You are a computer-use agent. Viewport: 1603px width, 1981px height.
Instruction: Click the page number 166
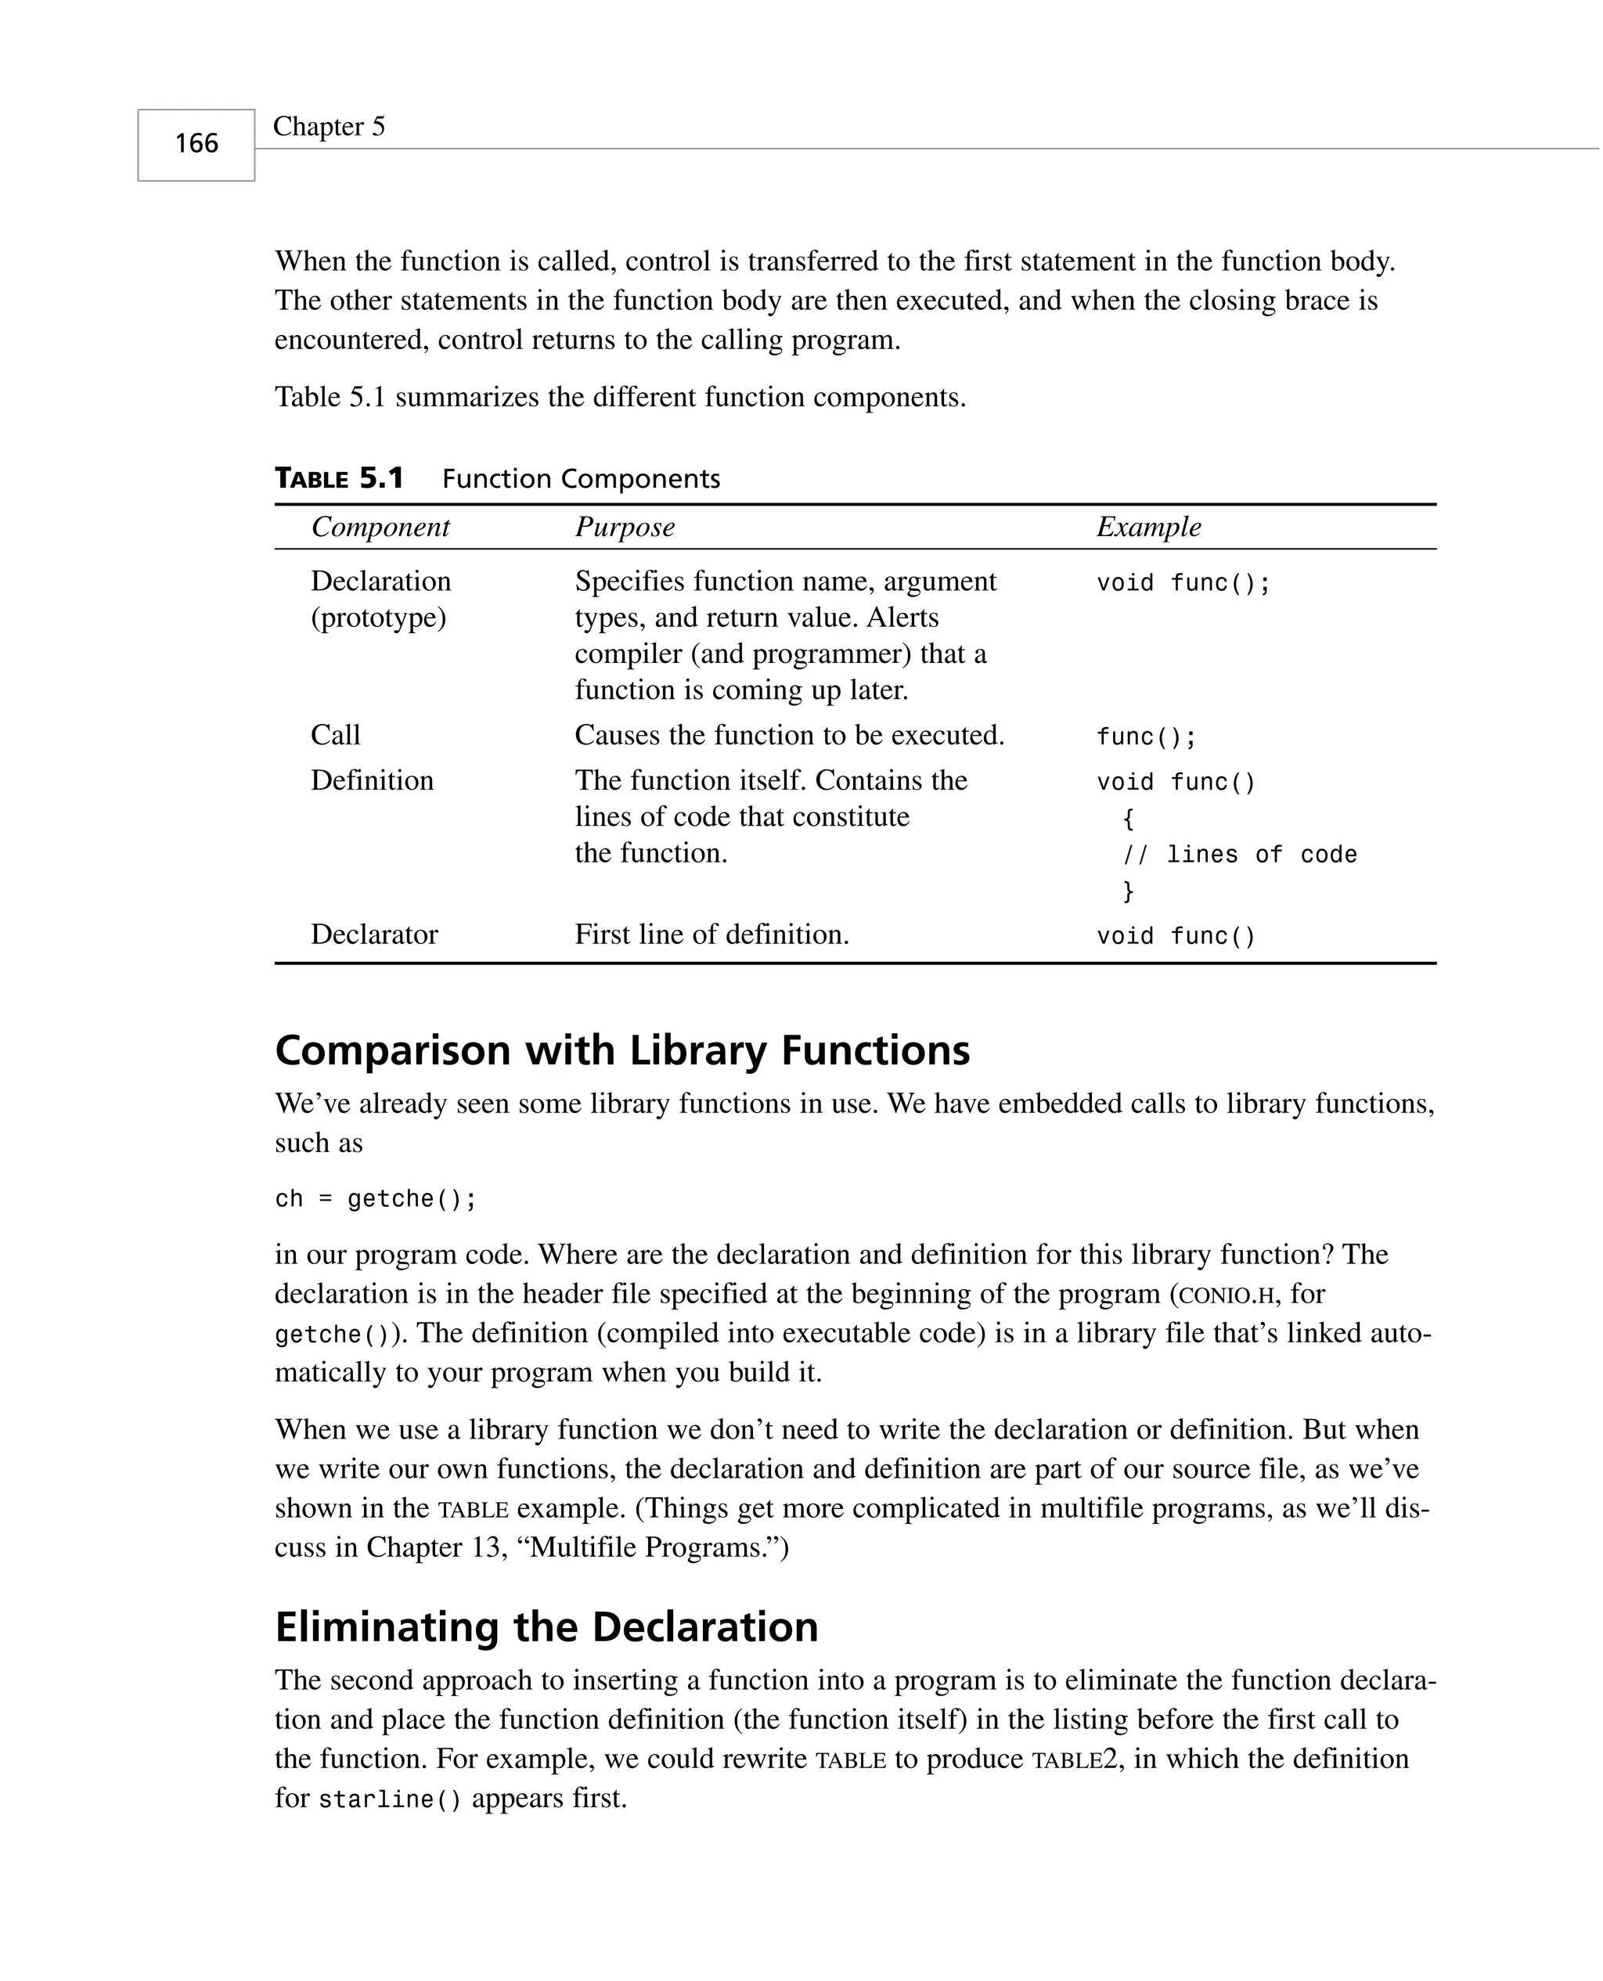196,143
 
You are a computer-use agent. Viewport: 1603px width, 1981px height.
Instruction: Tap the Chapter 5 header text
329,127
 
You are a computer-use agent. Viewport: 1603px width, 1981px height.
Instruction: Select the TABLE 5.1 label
339,478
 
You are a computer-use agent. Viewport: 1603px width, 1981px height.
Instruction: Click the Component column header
380,527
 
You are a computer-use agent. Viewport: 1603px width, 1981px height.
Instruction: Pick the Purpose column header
625,527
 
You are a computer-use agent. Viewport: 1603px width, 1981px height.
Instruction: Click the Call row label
335,735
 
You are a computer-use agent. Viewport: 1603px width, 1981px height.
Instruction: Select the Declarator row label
374,935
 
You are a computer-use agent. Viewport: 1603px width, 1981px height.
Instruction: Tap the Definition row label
372,781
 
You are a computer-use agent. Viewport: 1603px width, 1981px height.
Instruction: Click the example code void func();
1183,583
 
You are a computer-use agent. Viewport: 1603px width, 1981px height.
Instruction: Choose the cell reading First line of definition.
711,935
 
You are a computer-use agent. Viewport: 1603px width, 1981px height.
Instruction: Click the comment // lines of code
1239,855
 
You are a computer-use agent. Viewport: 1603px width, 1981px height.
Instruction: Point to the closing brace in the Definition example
1127,891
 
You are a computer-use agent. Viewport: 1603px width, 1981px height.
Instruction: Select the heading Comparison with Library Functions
622,1050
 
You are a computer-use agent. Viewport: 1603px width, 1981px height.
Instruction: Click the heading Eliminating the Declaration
546,1626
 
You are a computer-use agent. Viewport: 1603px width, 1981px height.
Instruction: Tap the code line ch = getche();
376,1199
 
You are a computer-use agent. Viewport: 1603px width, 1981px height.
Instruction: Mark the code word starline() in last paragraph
390,1799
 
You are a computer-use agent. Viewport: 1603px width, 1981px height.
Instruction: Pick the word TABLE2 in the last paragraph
1078,1759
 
